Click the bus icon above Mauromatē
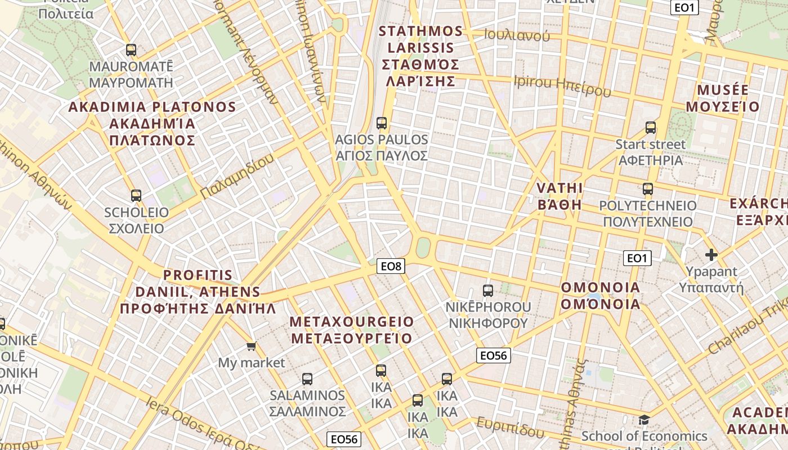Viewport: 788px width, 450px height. [131, 50]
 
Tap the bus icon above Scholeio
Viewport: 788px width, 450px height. [136, 196]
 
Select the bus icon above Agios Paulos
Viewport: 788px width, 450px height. [382, 123]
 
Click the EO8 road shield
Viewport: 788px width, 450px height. [391, 267]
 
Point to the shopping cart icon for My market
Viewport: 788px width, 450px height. [251, 346]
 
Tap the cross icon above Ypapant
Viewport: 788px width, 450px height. [711, 255]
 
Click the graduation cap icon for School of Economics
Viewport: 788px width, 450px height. [644, 420]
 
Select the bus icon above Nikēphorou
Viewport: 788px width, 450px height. [488, 291]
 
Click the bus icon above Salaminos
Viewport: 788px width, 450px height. [307, 379]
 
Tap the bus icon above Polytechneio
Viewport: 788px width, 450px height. [648, 189]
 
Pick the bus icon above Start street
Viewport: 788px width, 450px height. [651, 128]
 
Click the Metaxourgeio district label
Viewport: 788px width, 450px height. [352, 330]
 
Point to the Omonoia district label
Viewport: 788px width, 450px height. [601, 296]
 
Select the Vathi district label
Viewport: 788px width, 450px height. [559, 196]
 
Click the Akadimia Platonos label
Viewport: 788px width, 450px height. [152, 123]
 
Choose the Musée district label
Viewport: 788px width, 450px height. [723, 98]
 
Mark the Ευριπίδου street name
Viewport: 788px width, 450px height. [511, 427]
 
